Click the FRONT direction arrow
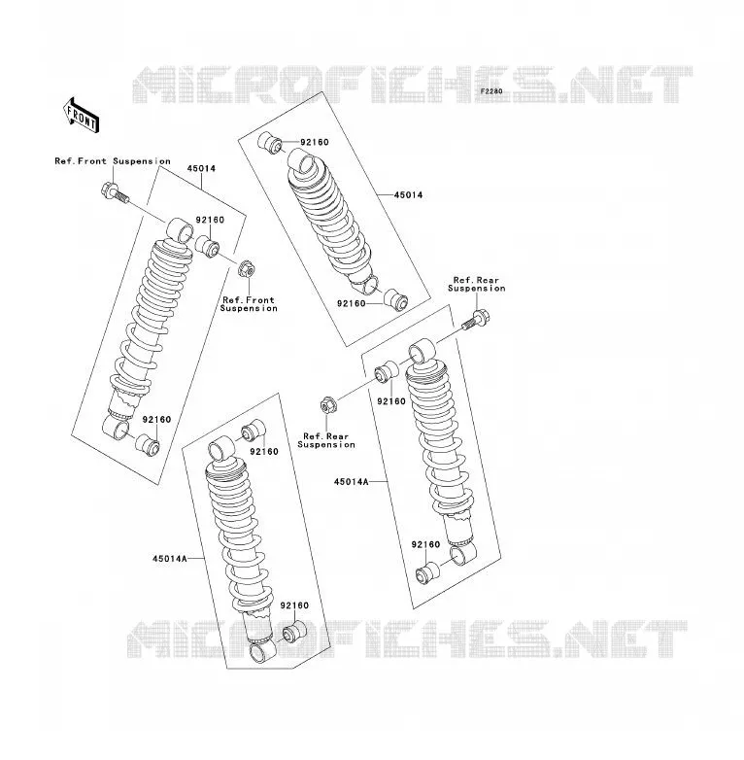82,115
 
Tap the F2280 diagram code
491,91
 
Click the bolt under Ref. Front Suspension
116,192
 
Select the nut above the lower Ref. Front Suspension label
247,268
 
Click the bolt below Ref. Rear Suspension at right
476,320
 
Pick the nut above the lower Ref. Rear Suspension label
327,404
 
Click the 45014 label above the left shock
201,169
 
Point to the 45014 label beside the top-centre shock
408,194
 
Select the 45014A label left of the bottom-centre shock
170,559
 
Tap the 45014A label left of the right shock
351,482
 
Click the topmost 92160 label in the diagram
315,142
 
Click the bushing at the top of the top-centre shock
270,142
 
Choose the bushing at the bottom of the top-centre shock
396,300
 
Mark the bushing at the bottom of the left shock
148,445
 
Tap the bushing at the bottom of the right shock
427,572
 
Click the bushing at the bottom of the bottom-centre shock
294,631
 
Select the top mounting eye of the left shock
181,230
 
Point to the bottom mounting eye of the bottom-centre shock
262,652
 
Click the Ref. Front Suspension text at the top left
113,161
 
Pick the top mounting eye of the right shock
422,351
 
